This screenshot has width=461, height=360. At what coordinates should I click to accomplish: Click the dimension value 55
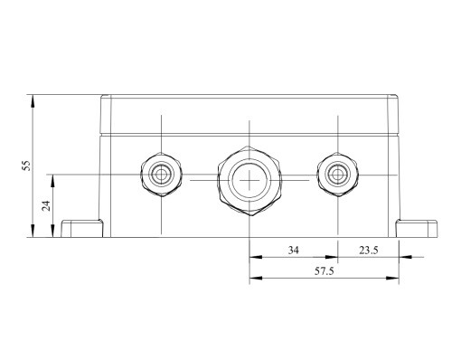coord(27,166)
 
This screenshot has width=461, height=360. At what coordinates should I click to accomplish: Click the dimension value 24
coord(46,206)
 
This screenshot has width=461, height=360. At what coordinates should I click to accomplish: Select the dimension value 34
coord(294,251)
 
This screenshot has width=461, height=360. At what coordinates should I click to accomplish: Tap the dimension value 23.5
coord(368,251)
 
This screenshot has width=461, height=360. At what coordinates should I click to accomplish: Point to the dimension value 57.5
coord(325,271)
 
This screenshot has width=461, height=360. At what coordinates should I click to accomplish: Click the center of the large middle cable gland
coord(249,180)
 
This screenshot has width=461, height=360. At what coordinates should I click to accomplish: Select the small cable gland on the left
coord(162,175)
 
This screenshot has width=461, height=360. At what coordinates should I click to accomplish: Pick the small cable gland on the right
coord(337,175)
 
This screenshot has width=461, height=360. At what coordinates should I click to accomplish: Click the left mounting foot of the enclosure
coord(82,229)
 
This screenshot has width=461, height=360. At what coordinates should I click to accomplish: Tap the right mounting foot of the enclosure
coord(417,229)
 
